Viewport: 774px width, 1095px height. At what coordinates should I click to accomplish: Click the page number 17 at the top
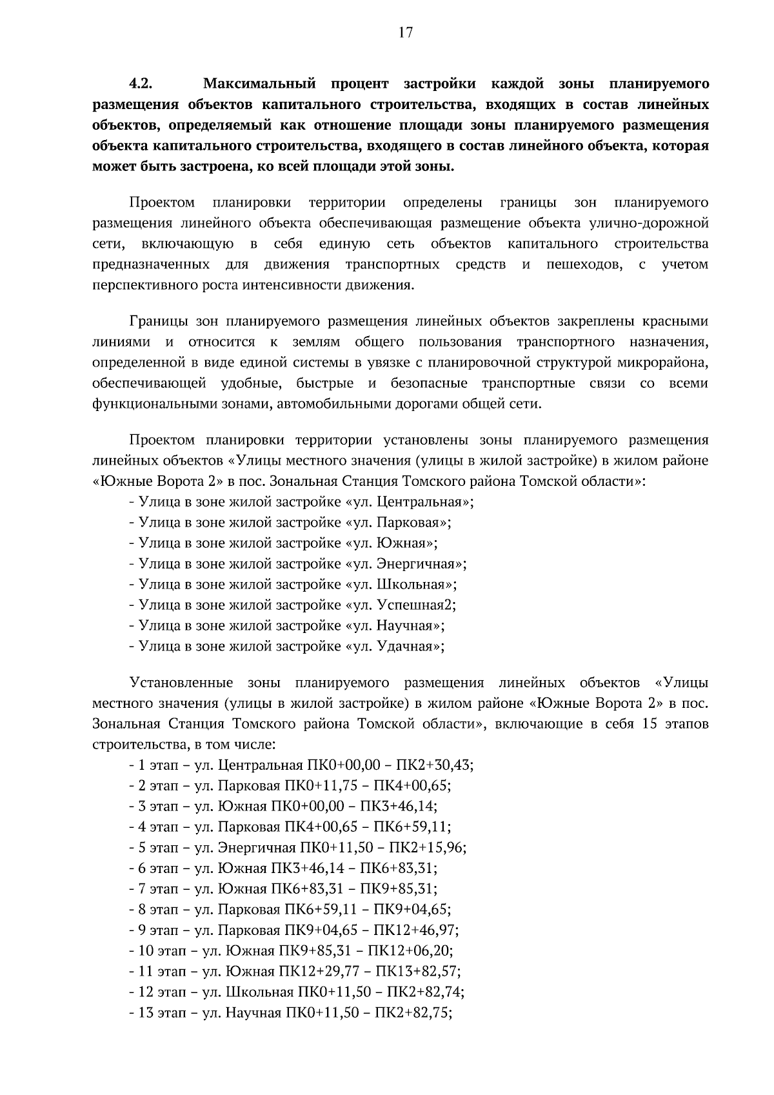[x=405, y=34]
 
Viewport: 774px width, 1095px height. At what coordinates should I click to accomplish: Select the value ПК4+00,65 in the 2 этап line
[x=415, y=786]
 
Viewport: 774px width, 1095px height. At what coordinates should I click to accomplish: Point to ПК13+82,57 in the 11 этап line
[x=417, y=972]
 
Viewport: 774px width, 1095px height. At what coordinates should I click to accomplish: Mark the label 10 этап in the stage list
[x=162, y=951]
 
